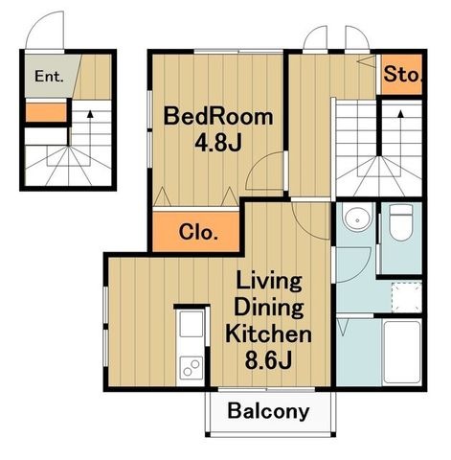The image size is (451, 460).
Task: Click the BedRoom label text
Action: click(218, 117)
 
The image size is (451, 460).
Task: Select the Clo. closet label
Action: click(198, 232)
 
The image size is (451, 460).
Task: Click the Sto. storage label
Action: click(403, 74)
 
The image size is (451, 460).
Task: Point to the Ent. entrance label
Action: click(49, 77)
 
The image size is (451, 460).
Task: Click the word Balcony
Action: click(268, 411)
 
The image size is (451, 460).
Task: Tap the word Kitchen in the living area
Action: click(268, 333)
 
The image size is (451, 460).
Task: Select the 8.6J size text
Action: click(268, 360)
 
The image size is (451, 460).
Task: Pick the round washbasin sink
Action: click(357, 218)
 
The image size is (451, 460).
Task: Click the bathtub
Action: click(402, 353)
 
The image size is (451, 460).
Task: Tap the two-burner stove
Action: click(191, 368)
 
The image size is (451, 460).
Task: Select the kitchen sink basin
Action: click(191, 324)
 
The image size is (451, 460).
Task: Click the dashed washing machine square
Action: click(407, 297)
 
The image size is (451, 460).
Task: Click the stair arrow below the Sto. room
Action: click(400, 133)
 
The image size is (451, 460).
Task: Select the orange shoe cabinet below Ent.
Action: click(46, 112)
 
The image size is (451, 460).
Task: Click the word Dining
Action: click(268, 307)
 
